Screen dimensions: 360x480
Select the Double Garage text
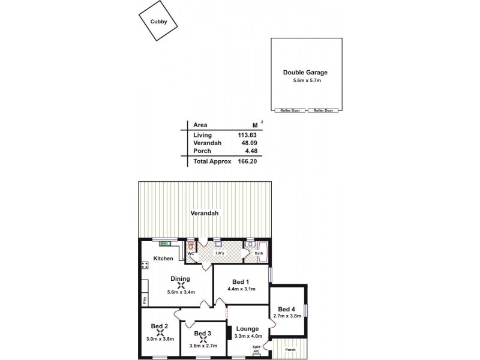305,73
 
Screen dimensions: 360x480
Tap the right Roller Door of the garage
323,110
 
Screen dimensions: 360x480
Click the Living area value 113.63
246,135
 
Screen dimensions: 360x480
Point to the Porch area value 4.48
250,151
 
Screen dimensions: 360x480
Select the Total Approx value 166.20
246,161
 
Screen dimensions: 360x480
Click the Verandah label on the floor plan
204,213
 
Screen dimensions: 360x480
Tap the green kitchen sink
163,243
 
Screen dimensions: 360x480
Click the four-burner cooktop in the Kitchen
145,265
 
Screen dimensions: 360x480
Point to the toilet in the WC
191,245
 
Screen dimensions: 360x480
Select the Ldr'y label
220,253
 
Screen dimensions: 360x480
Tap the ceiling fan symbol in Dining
181,286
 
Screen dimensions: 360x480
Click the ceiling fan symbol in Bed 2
160,332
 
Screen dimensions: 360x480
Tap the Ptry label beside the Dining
144,300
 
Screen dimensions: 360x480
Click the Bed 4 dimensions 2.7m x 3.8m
287,316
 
